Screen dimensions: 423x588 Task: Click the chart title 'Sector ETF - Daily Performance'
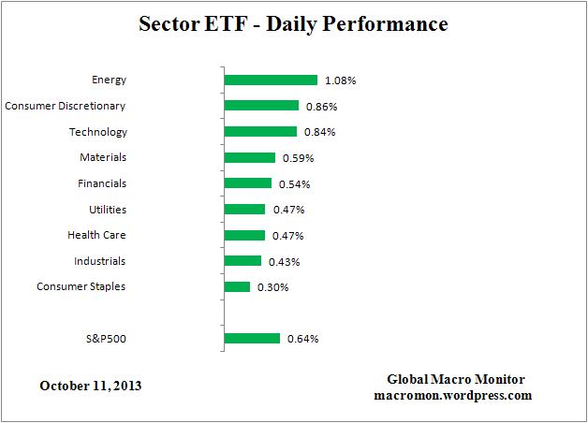(293, 22)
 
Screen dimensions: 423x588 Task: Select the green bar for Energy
(272, 80)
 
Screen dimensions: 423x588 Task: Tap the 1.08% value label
(341, 80)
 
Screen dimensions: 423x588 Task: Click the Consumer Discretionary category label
(66, 106)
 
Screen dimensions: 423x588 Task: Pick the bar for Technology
(261, 132)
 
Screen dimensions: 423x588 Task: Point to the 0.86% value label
(322, 106)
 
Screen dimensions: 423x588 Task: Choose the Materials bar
(250, 158)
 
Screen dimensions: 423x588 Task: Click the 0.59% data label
(297, 158)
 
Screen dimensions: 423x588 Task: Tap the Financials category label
(102, 183)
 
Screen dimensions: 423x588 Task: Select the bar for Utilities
(245, 210)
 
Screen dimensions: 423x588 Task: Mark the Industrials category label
(99, 261)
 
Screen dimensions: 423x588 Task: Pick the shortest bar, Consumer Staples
(238, 287)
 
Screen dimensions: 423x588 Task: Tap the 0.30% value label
(272, 287)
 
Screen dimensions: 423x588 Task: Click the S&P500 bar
(253, 339)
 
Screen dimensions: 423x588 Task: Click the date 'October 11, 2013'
(92, 386)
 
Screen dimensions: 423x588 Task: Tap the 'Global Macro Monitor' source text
(456, 379)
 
